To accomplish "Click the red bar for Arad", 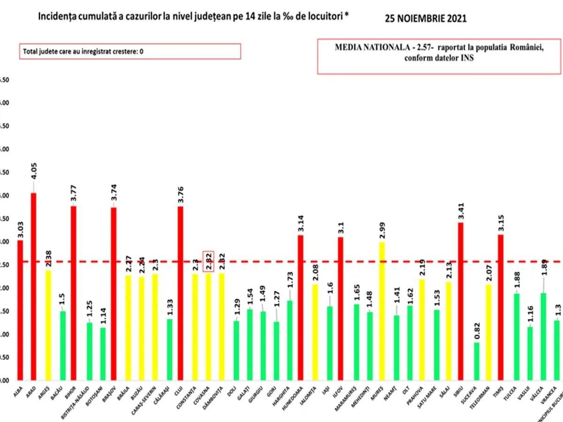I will tap(33, 286).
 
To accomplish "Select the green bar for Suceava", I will tap(477, 361).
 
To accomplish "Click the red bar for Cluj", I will tap(180, 293).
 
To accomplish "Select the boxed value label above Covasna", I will tap(208, 261).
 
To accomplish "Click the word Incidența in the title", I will tap(56, 16).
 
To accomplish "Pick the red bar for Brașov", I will tap(114, 294).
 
